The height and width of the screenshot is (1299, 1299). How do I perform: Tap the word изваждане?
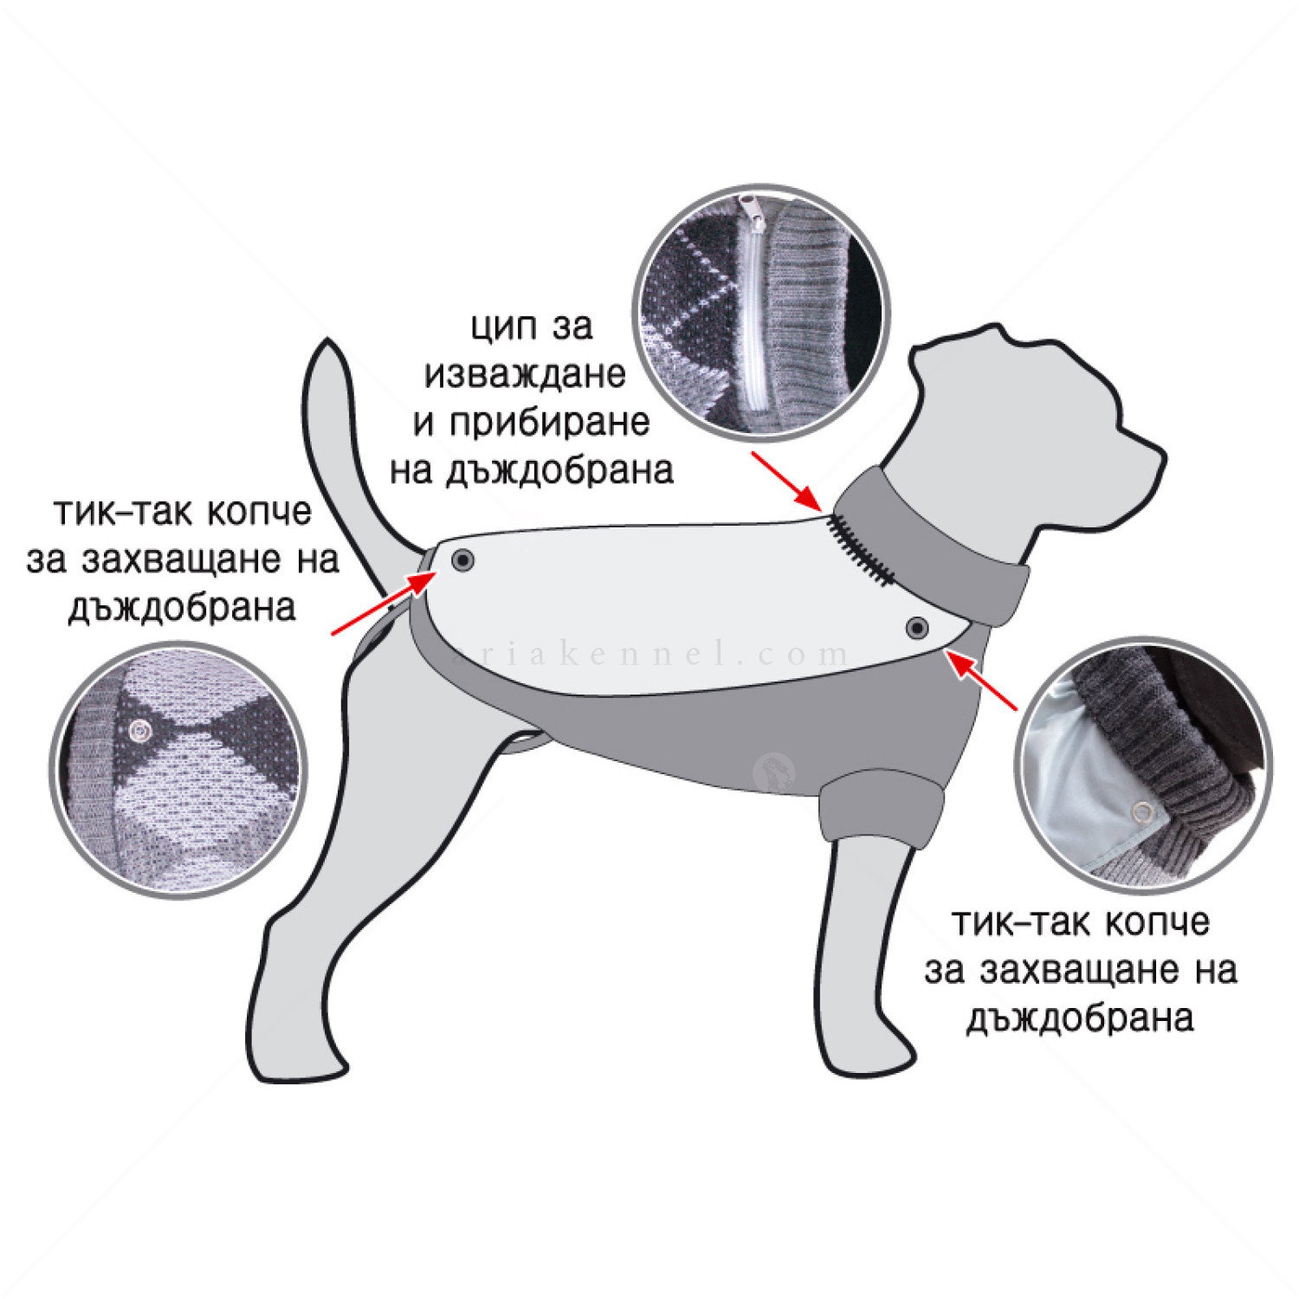click(x=524, y=374)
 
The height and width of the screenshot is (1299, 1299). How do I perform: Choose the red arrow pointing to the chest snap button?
click(x=982, y=680)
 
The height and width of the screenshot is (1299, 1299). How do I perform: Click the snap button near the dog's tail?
click(x=463, y=560)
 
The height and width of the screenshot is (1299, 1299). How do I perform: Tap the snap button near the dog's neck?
click(x=916, y=626)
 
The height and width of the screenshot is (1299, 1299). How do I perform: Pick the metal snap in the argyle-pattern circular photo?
click(x=139, y=732)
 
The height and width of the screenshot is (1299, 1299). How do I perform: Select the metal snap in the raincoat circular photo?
click(x=1143, y=811)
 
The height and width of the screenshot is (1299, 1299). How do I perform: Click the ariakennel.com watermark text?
click(x=649, y=654)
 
